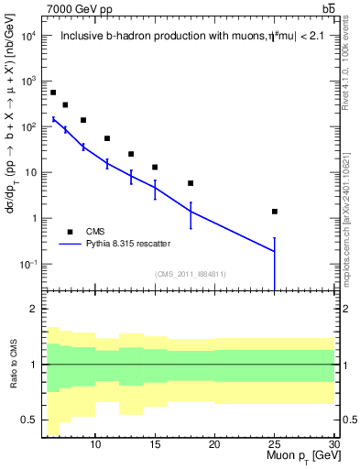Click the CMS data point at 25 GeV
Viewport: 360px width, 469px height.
tap(274, 212)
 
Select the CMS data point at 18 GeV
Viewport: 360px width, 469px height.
tap(191, 183)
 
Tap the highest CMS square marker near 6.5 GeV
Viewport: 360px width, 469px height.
tap(53, 93)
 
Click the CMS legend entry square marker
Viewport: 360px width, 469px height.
tap(69, 232)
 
